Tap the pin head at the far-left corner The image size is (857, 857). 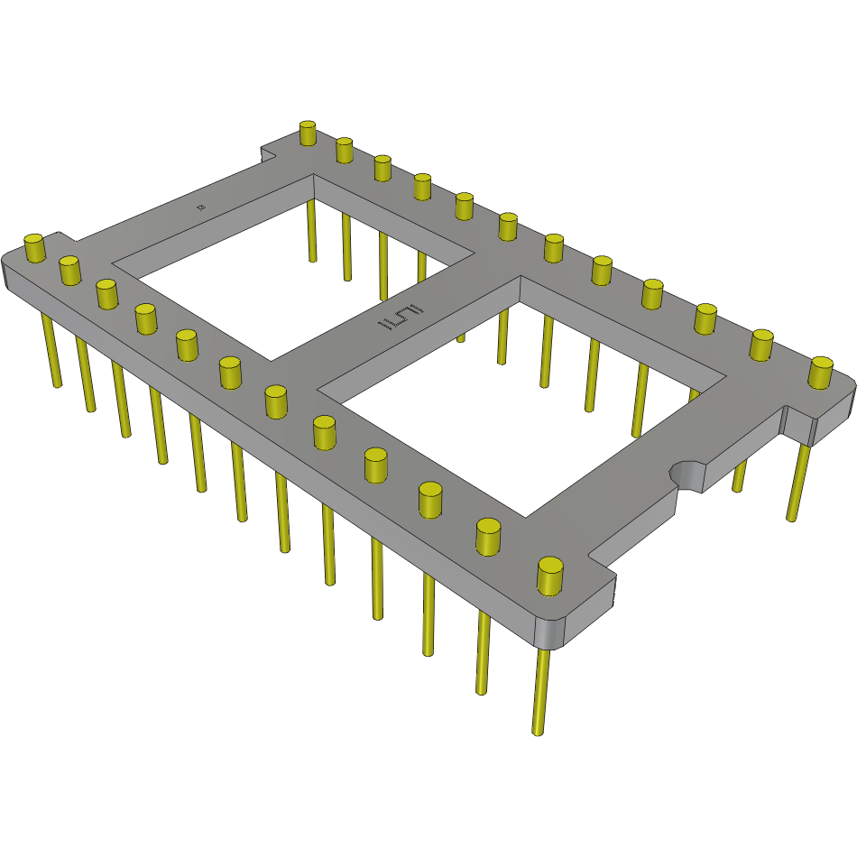[34, 246]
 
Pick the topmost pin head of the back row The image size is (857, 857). [308, 133]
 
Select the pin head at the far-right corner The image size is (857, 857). [820, 372]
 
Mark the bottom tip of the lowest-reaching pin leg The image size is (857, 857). [539, 732]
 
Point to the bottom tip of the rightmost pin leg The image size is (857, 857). [792, 518]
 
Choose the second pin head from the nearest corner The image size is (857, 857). [488, 535]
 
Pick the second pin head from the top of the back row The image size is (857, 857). [344, 150]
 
